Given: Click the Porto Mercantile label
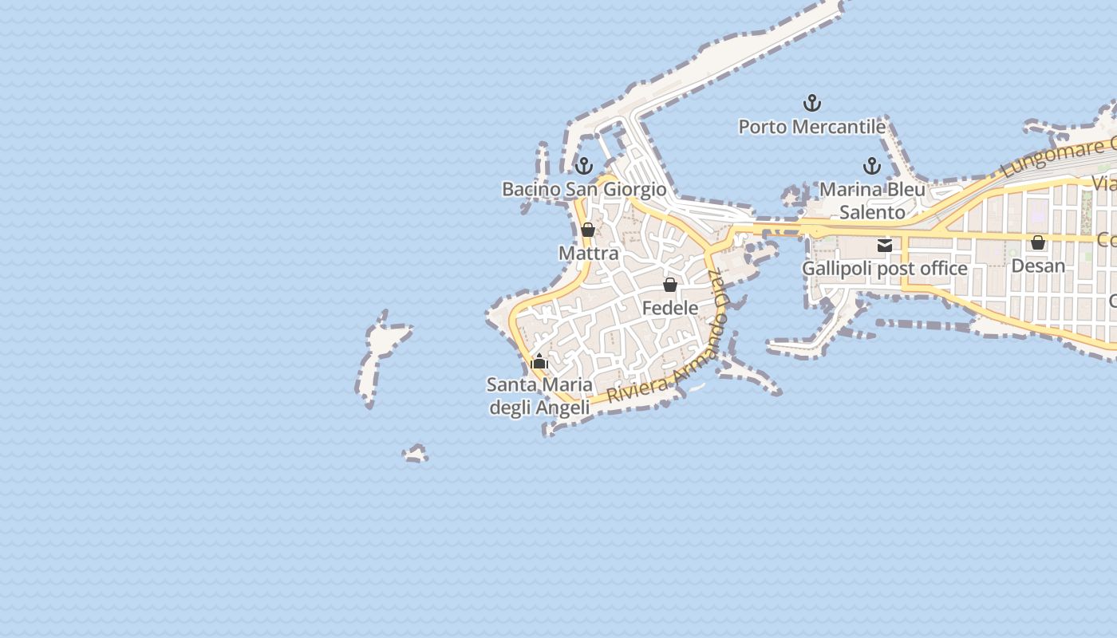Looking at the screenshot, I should (x=811, y=127).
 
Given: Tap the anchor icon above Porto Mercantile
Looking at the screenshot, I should (x=811, y=103).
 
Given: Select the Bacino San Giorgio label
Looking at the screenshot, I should (x=583, y=189).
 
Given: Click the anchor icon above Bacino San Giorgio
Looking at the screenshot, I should (x=584, y=166).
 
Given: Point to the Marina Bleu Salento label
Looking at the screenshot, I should (x=872, y=201).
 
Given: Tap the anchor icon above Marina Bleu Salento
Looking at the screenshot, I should (x=872, y=166).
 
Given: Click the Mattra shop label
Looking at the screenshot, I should (x=588, y=254).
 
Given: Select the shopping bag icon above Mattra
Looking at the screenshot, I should (x=588, y=230).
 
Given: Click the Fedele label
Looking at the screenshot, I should (x=669, y=308).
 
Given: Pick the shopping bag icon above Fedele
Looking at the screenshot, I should (x=670, y=285).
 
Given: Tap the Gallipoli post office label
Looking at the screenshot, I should (x=884, y=269).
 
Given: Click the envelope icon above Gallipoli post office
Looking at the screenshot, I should (x=885, y=246).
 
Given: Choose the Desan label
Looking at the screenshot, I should (x=1037, y=266).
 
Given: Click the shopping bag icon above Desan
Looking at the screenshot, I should (x=1038, y=242).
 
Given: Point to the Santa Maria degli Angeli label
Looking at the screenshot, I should (x=539, y=396).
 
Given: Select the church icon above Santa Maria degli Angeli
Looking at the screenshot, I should (x=539, y=362).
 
